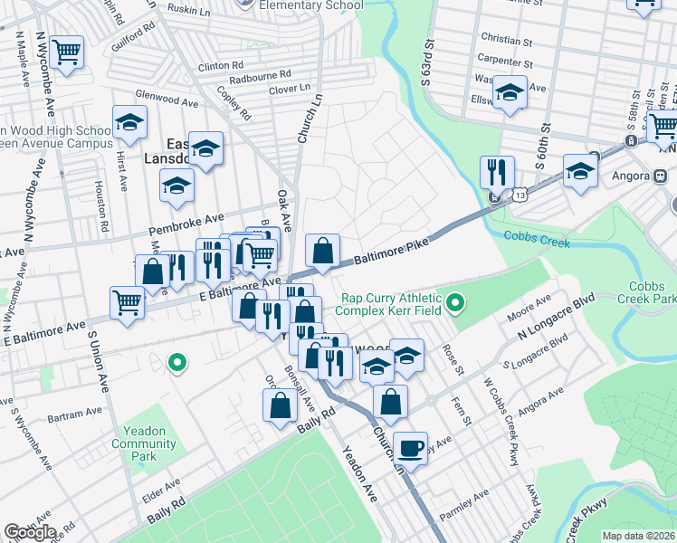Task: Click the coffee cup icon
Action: point(411,448)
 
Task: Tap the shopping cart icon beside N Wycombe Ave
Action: point(66,52)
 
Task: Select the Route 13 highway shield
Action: point(519,195)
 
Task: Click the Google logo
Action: point(30,531)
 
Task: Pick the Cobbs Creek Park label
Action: point(646,291)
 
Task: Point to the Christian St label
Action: point(513,40)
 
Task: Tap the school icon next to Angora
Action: point(580,170)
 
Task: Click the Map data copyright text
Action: point(639,536)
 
